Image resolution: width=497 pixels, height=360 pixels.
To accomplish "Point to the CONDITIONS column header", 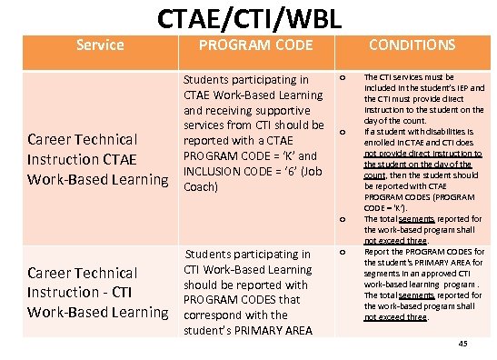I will (412, 45).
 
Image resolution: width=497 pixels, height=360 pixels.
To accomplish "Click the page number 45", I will (463, 343).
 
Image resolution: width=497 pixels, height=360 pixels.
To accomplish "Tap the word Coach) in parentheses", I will (201, 186).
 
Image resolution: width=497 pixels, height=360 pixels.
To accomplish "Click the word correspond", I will (214, 315).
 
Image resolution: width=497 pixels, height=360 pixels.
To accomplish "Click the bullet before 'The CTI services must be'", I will (342, 79).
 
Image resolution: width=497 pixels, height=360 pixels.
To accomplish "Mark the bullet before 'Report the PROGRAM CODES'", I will (342, 252).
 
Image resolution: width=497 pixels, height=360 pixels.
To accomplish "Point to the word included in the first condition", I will (382, 88).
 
